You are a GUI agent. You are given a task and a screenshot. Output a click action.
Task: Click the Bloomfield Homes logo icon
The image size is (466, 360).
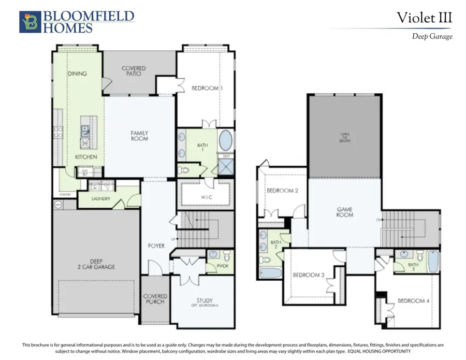click(x=28, y=22)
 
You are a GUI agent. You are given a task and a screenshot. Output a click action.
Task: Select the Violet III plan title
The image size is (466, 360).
click(x=424, y=18)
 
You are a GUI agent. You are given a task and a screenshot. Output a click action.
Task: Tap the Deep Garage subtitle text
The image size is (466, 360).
click(x=432, y=36)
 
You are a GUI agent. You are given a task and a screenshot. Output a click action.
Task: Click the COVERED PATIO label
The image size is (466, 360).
click(x=134, y=71)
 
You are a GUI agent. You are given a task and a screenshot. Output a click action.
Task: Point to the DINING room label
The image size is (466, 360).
click(x=77, y=74)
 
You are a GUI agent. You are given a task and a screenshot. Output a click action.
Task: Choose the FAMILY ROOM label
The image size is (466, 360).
click(x=139, y=136)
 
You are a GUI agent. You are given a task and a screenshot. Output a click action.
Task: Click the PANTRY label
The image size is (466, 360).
click(x=65, y=194)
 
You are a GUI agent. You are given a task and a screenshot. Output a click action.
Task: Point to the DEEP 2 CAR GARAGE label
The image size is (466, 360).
click(x=93, y=264)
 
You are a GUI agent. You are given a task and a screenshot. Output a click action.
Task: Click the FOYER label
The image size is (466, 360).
click(x=156, y=246)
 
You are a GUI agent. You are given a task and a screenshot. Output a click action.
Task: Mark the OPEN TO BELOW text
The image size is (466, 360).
click(x=345, y=137)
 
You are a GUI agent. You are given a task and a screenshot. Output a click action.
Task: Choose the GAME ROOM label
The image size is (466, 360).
click(x=345, y=212)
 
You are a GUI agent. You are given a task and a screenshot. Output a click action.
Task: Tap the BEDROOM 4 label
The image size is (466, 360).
click(x=412, y=301)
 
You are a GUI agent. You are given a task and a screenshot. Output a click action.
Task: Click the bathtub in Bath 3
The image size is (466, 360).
click(x=433, y=261)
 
